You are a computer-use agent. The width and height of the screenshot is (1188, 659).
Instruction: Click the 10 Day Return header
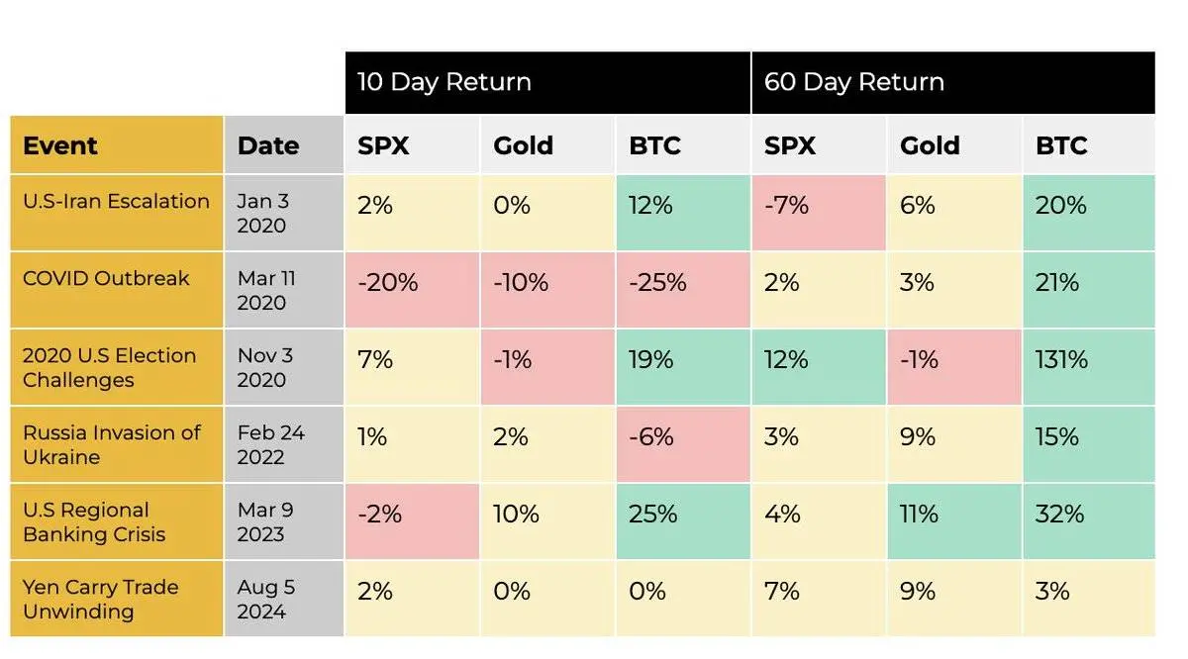pyautogui.click(x=445, y=82)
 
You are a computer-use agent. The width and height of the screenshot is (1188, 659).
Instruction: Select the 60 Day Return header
pyautogui.click(x=853, y=82)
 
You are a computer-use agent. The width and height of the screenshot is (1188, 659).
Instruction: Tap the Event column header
pyautogui.click(x=60, y=145)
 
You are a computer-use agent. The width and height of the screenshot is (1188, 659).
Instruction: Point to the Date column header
pyautogui.click(x=268, y=145)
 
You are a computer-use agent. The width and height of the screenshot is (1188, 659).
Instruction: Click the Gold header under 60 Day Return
pyautogui.click(x=930, y=145)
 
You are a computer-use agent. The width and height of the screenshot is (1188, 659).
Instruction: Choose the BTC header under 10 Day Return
pyautogui.click(x=655, y=145)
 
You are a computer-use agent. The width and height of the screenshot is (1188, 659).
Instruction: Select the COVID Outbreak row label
pyautogui.click(x=106, y=278)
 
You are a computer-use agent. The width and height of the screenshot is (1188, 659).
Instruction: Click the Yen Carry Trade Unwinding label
pyautogui.click(x=100, y=599)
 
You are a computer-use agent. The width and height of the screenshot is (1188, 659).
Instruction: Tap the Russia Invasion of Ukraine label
pyautogui.click(x=111, y=444)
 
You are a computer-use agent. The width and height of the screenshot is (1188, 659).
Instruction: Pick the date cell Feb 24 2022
pyautogui.click(x=270, y=444)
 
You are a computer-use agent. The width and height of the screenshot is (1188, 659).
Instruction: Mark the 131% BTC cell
pyautogui.click(x=1062, y=359)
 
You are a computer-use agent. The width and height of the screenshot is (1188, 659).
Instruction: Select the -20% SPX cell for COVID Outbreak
pyautogui.click(x=388, y=282)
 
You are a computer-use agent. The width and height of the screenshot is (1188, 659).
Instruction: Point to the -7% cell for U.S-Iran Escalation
pyautogui.click(x=787, y=205)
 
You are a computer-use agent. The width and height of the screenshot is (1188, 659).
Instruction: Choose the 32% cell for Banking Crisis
pyautogui.click(x=1060, y=514)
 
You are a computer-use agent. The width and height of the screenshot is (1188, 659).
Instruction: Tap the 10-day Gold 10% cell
pyautogui.click(x=517, y=514)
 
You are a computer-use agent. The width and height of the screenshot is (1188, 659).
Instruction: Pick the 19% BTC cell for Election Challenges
pyautogui.click(x=651, y=359)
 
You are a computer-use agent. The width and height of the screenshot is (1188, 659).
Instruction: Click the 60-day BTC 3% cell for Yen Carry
pyautogui.click(x=1052, y=591)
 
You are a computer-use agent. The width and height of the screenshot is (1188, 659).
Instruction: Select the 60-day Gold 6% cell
pyautogui.click(x=918, y=205)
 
